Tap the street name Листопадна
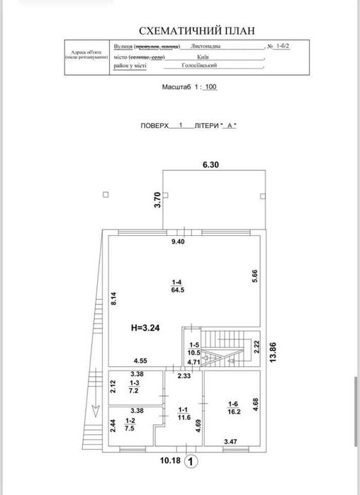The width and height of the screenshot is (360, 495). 205,45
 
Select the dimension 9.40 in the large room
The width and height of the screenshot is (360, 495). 184,241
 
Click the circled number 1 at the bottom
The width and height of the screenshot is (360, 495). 190,462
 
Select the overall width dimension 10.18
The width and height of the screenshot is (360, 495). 169,461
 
